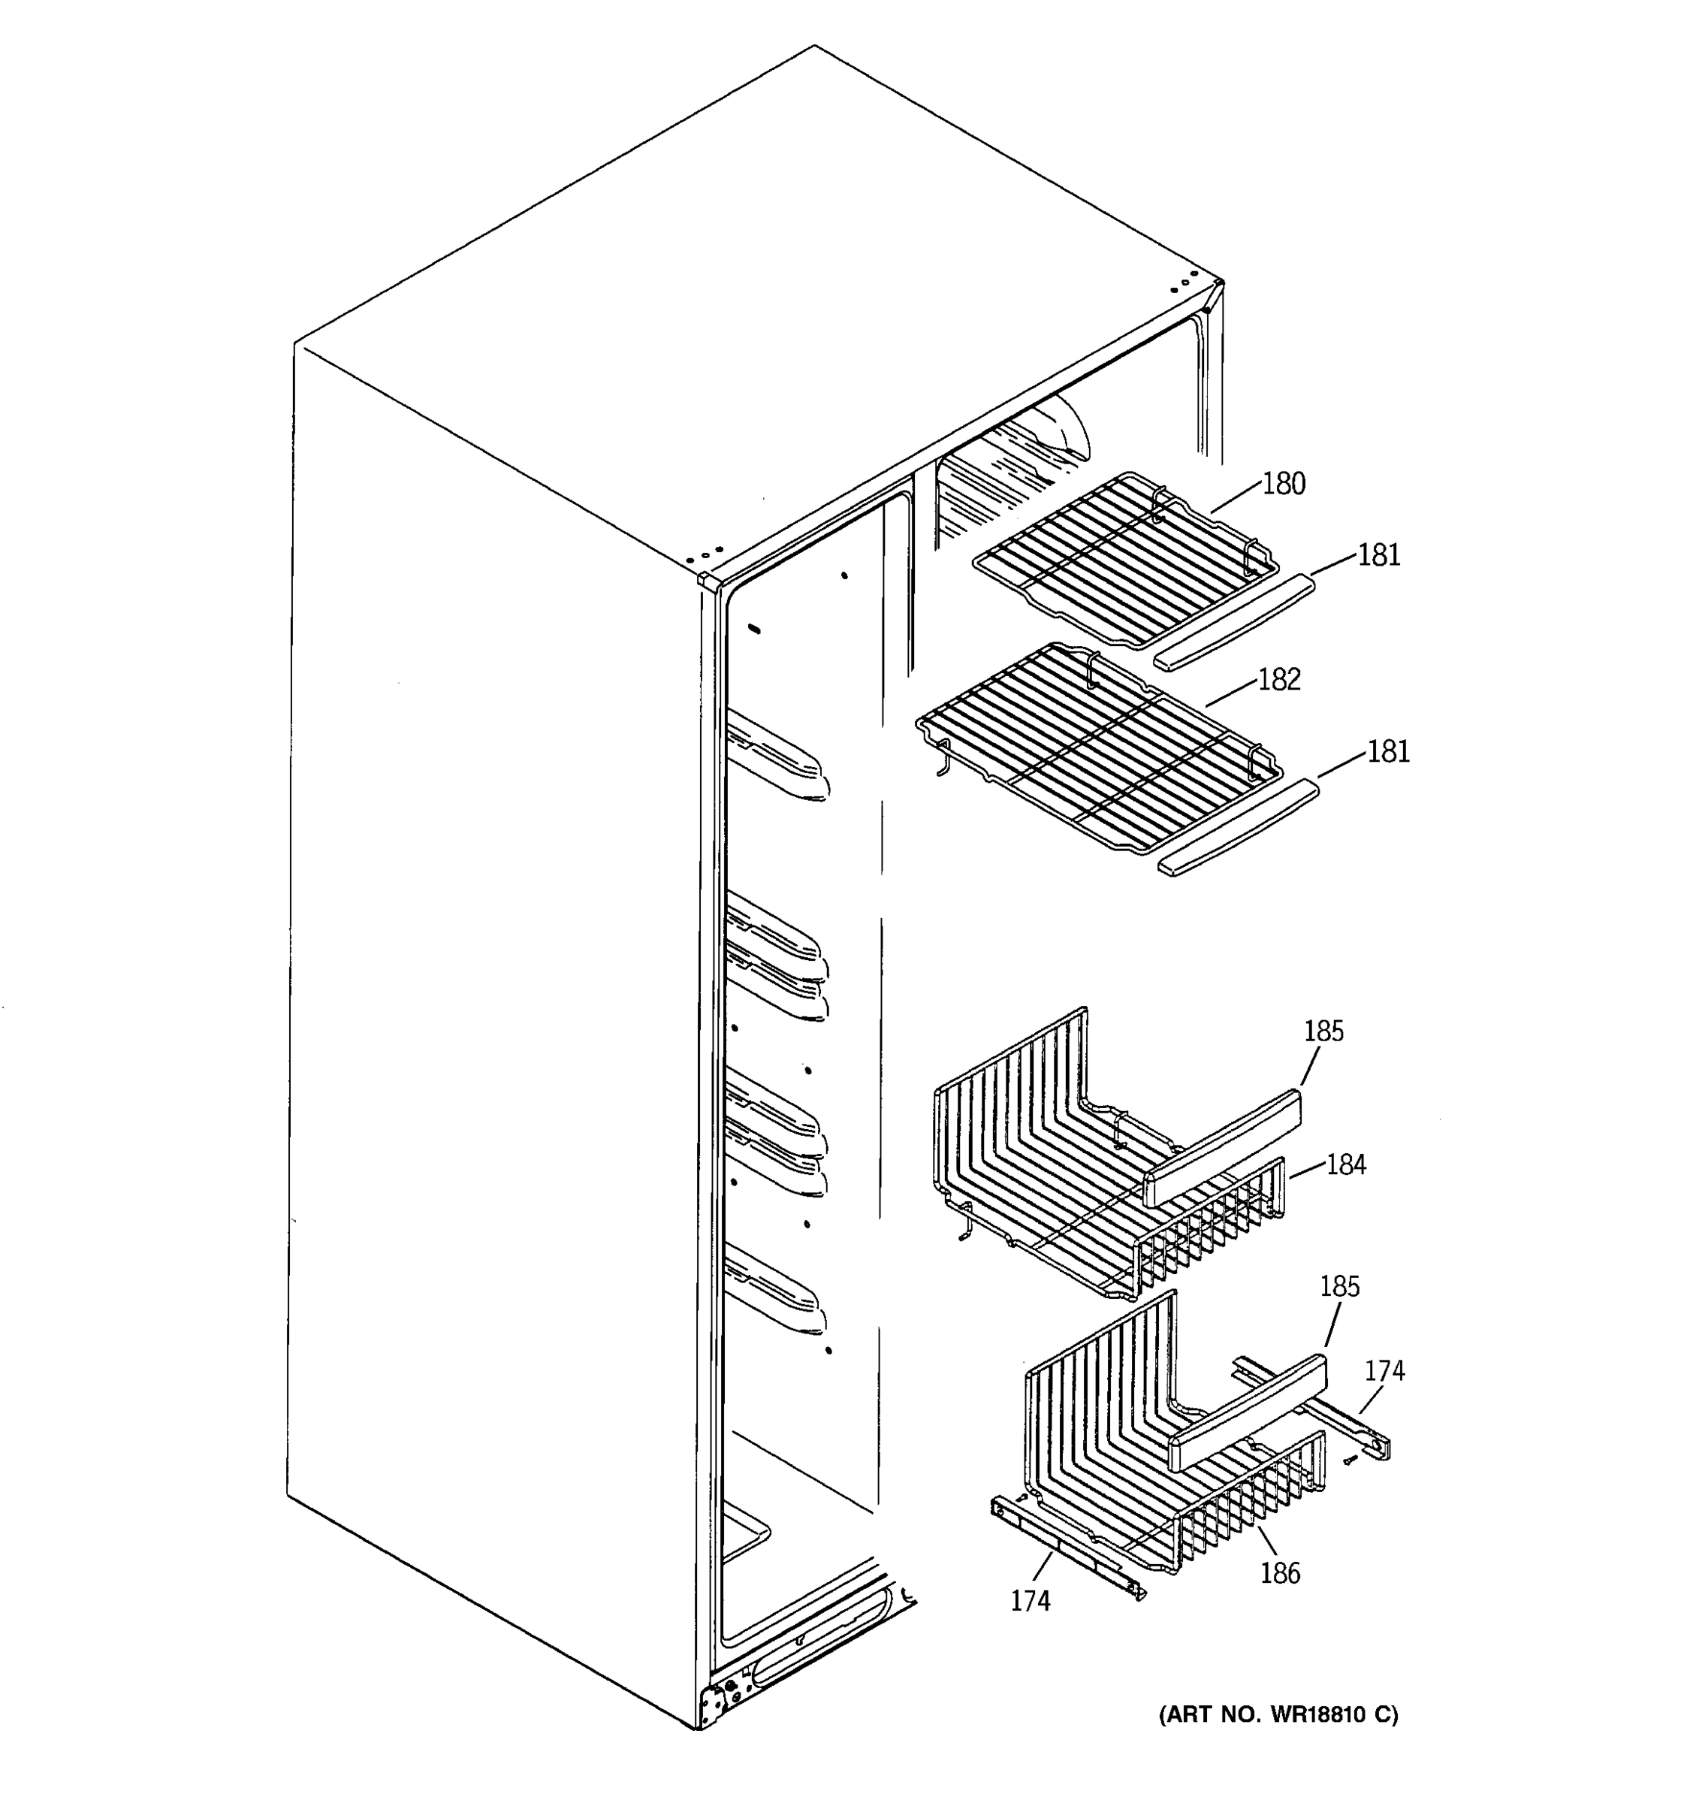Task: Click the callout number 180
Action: pyautogui.click(x=1283, y=485)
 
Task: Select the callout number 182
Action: pyautogui.click(x=1279, y=679)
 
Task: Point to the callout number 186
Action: pyautogui.click(x=1279, y=1572)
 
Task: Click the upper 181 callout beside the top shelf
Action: pyautogui.click(x=1378, y=555)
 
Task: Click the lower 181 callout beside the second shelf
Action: pyautogui.click(x=1387, y=752)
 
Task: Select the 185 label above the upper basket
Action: pyautogui.click(x=1323, y=1031)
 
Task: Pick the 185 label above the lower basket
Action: pyautogui.click(x=1339, y=1286)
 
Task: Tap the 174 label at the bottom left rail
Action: pyautogui.click(x=1031, y=1602)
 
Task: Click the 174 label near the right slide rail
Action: pyautogui.click(x=1384, y=1370)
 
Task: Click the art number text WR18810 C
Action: pyautogui.click(x=1278, y=1715)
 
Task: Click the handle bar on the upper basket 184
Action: pyautogui.click(x=1224, y=1147)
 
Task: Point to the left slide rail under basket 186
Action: pyautogui.click(x=1065, y=1545)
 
